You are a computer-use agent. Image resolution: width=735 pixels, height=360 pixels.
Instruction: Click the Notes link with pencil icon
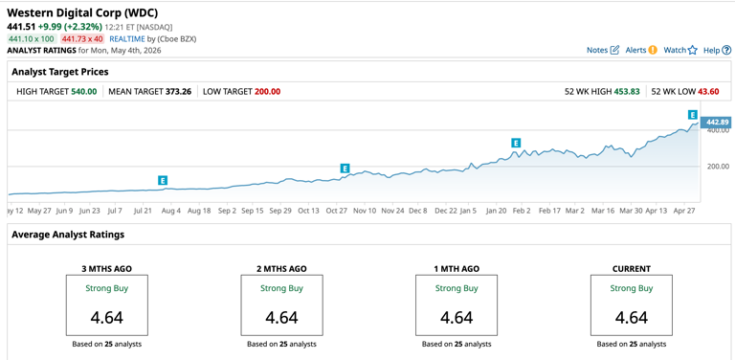point(603,50)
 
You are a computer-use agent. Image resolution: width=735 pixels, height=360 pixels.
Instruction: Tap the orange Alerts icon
point(653,50)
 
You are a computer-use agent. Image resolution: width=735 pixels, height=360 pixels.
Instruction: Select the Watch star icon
point(692,50)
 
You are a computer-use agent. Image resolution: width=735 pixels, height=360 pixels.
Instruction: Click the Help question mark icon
point(726,50)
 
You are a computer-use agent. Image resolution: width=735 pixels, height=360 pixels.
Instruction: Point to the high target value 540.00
point(84,91)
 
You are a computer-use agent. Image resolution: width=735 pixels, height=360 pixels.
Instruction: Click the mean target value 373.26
point(178,91)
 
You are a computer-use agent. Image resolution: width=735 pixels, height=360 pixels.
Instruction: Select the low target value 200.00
point(268,91)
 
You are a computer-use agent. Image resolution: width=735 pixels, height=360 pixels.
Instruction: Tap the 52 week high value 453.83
point(627,91)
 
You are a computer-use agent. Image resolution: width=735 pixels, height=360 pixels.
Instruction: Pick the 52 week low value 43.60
point(708,91)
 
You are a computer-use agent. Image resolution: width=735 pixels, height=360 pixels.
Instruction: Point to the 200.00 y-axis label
point(718,167)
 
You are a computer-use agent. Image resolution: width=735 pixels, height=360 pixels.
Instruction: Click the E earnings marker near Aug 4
point(163,180)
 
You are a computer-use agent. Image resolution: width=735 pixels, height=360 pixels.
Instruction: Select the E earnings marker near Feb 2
point(516,143)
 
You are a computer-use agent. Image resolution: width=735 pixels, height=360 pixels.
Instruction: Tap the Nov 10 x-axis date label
point(366,211)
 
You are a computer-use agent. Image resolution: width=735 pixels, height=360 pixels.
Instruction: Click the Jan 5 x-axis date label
point(468,211)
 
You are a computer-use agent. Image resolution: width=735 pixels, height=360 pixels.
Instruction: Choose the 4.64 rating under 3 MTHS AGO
point(107,317)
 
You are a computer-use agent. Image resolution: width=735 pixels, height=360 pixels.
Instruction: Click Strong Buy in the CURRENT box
point(632,288)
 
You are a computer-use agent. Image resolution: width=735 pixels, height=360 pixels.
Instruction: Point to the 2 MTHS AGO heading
point(281,269)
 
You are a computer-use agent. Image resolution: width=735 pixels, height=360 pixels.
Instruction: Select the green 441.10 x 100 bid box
point(32,39)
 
